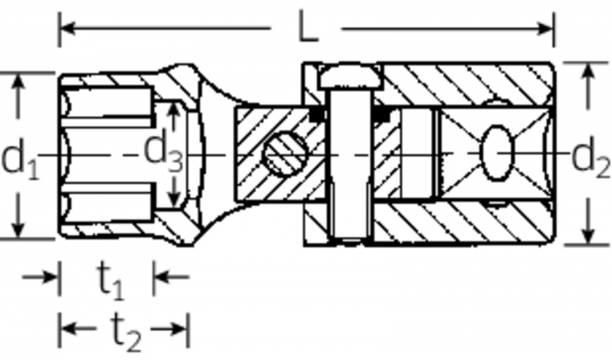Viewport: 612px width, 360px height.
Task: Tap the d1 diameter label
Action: coord(19,159)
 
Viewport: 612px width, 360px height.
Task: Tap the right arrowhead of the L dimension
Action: coord(546,28)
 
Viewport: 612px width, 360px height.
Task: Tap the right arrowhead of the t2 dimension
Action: coord(181,329)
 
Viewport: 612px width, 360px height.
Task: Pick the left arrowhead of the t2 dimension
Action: coord(66,329)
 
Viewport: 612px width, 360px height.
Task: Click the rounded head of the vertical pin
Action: coord(348,79)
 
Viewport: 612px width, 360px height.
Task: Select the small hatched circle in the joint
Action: coord(284,156)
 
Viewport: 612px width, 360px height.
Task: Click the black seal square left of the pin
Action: coord(317,113)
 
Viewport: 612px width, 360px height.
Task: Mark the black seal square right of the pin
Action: coord(380,113)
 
